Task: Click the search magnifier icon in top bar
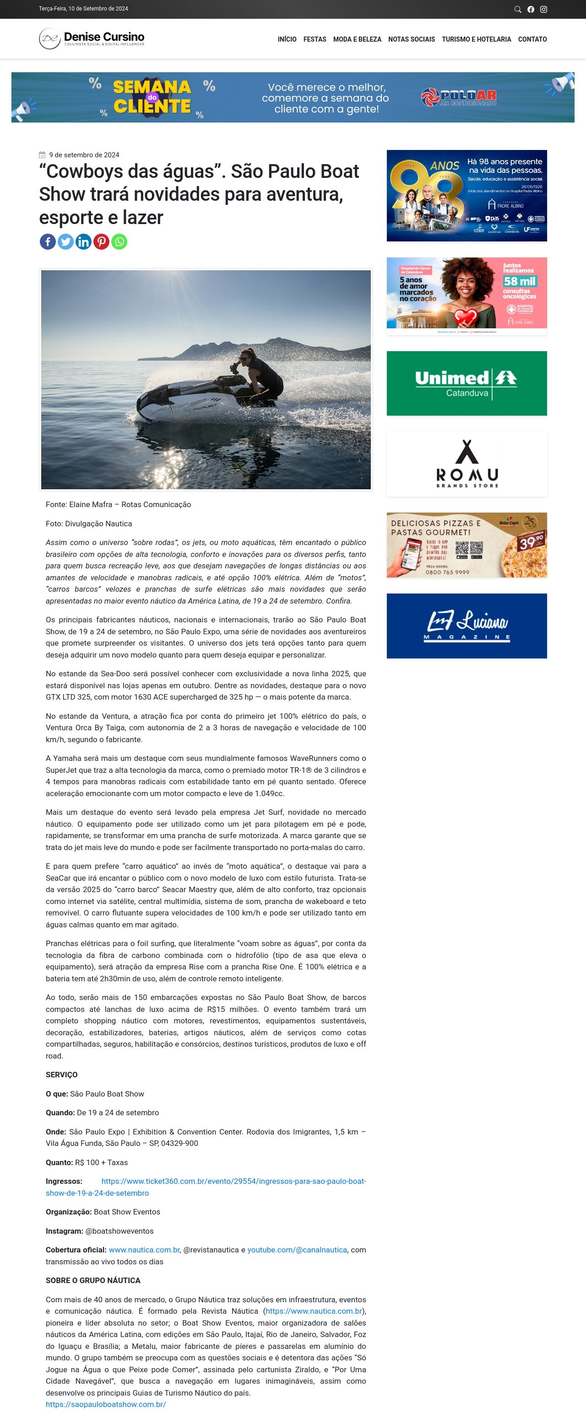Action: click(x=517, y=10)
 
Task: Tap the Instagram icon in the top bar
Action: click(x=543, y=10)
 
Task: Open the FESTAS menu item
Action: click(x=315, y=39)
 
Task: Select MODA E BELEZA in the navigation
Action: click(x=357, y=39)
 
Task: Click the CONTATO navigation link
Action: click(x=532, y=39)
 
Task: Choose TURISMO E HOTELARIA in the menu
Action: click(x=476, y=39)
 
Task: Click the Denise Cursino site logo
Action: click(x=92, y=39)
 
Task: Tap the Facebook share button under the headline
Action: click(x=48, y=241)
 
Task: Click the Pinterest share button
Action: click(x=101, y=241)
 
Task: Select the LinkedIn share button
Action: click(x=83, y=241)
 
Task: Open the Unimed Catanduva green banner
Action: click(x=467, y=383)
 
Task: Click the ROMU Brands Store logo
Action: click(x=467, y=464)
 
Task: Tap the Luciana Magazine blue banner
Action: click(x=467, y=626)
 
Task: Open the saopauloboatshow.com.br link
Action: click(x=106, y=1404)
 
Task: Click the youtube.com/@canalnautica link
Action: click(x=297, y=1250)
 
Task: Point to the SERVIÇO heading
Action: click(x=61, y=1075)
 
